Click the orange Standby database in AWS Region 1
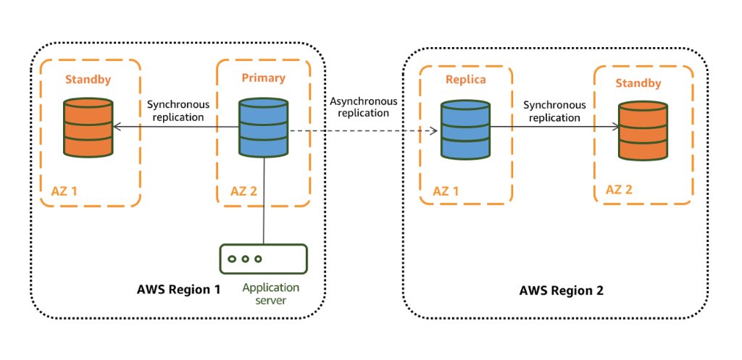coord(88,128)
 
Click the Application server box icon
coord(263,259)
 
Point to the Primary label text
coord(264,78)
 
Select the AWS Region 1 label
coord(179,290)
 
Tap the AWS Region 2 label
coord(562,290)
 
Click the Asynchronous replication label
coord(363,107)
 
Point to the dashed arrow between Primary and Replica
coord(362,130)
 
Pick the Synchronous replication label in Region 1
coord(175,110)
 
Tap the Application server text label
coord(270,293)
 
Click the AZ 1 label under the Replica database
coord(445,191)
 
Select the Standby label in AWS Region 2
coord(639,83)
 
